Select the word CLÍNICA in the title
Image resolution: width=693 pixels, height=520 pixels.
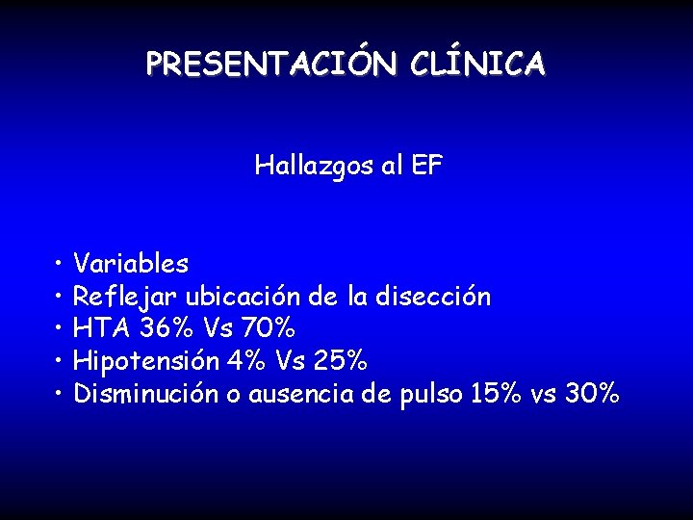point(477,64)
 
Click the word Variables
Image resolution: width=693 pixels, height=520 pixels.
point(131,263)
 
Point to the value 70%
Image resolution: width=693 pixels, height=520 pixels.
point(273,328)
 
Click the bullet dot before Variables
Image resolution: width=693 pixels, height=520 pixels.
point(60,263)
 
